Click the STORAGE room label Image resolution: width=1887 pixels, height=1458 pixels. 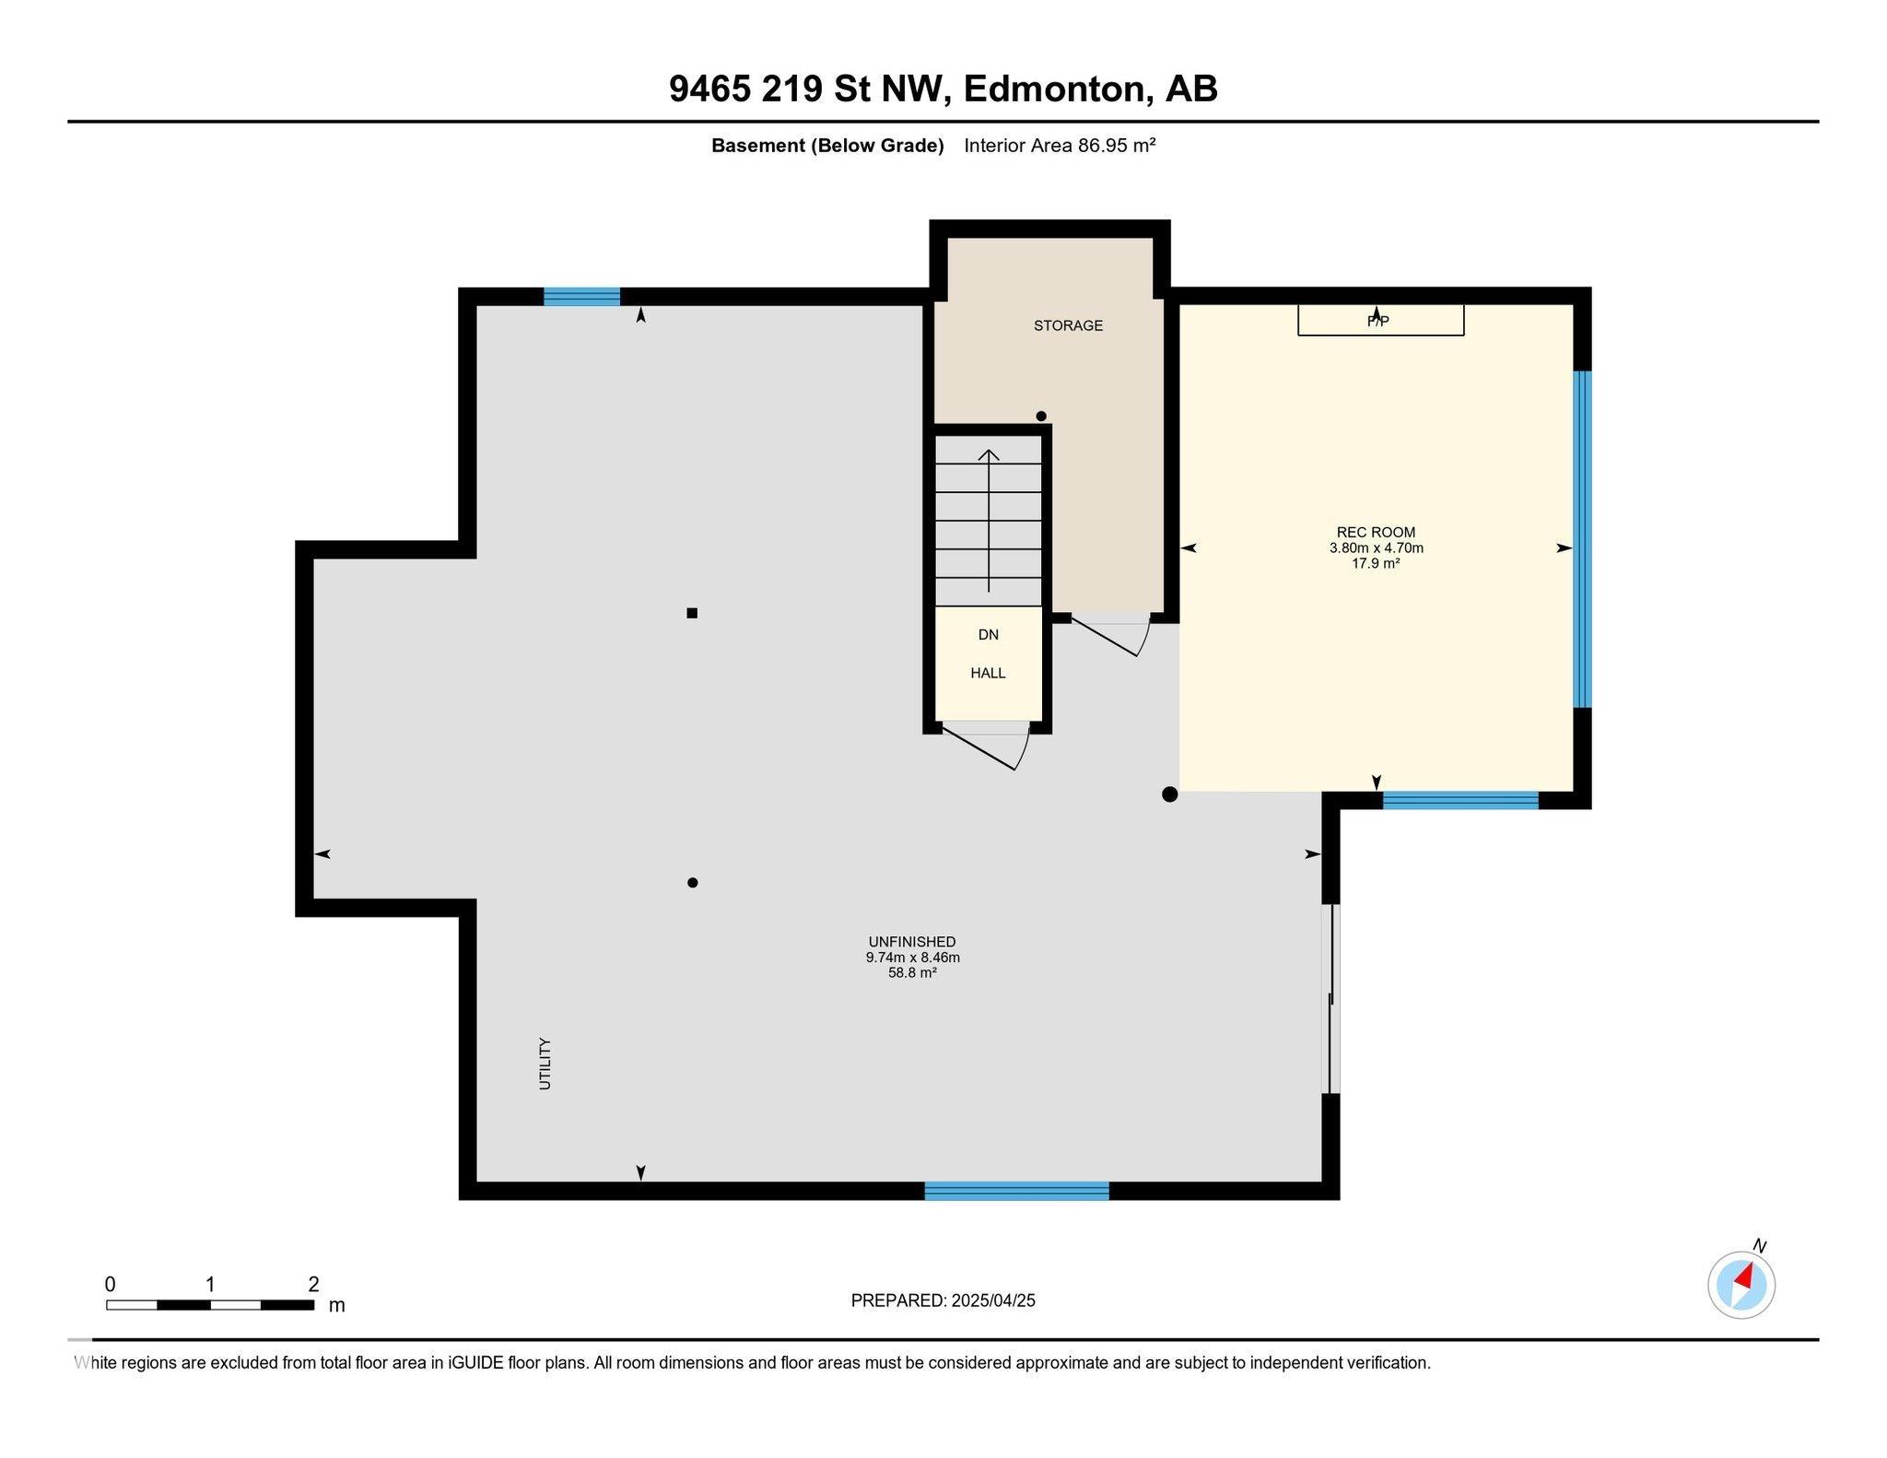pos(1068,325)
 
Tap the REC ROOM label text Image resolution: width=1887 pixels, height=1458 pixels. pos(1376,532)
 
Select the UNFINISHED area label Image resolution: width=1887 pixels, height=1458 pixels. pos(912,942)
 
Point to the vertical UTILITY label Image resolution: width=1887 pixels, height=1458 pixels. pos(545,1064)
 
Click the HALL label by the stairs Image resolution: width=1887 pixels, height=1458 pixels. pos(988,673)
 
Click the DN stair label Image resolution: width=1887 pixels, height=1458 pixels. pos(988,635)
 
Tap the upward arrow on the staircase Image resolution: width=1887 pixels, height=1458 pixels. pos(989,521)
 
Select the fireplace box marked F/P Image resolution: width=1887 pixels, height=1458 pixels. pos(1381,320)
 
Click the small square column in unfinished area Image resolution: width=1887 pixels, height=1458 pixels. pos(692,613)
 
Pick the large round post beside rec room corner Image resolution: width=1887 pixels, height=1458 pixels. pos(1169,794)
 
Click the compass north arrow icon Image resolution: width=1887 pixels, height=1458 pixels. pos(1741,1285)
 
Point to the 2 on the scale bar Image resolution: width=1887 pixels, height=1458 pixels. pos(313,1284)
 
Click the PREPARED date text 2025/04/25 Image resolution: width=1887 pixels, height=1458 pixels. pos(993,1300)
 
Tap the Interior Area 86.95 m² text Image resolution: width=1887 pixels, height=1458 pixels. pos(1060,146)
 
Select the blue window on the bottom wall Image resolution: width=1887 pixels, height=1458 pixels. pos(1016,1191)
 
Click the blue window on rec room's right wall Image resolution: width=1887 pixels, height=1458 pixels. pos(1582,539)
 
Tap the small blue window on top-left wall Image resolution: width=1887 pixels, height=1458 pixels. pos(581,297)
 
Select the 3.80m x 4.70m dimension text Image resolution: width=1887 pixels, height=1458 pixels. pos(1376,547)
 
